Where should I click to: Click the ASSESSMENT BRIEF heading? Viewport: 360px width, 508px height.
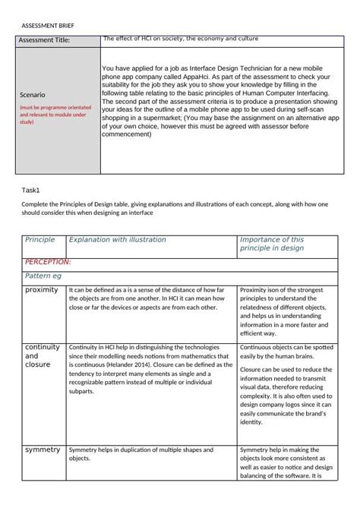click(47, 25)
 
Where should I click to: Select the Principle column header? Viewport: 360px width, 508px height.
click(40, 240)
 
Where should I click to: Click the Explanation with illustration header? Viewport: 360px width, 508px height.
click(117, 240)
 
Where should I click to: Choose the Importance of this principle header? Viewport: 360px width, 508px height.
click(272, 244)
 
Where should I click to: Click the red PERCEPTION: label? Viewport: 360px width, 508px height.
click(48, 261)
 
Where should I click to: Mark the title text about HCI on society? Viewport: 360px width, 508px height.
click(180, 38)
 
